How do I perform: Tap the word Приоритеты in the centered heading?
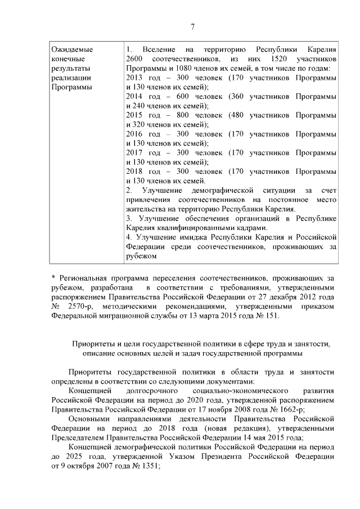(x=91, y=344)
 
